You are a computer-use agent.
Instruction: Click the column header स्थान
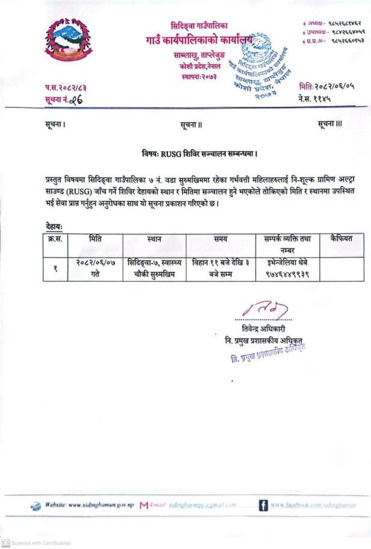tap(154, 240)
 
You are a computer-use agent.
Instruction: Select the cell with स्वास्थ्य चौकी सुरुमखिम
tap(154, 267)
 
